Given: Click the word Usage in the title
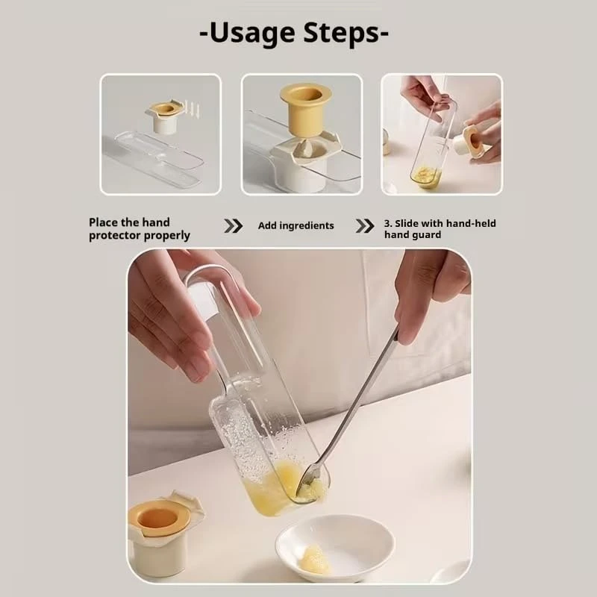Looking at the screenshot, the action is (251, 34).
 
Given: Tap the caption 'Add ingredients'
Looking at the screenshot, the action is (296, 226).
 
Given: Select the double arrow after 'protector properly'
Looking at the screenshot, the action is (234, 226).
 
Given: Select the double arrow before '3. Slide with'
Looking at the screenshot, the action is (365, 226).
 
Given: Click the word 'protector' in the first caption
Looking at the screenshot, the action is (114, 236).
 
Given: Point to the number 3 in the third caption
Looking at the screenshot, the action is (387, 223).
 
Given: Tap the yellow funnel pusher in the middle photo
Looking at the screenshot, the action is (305, 109).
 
